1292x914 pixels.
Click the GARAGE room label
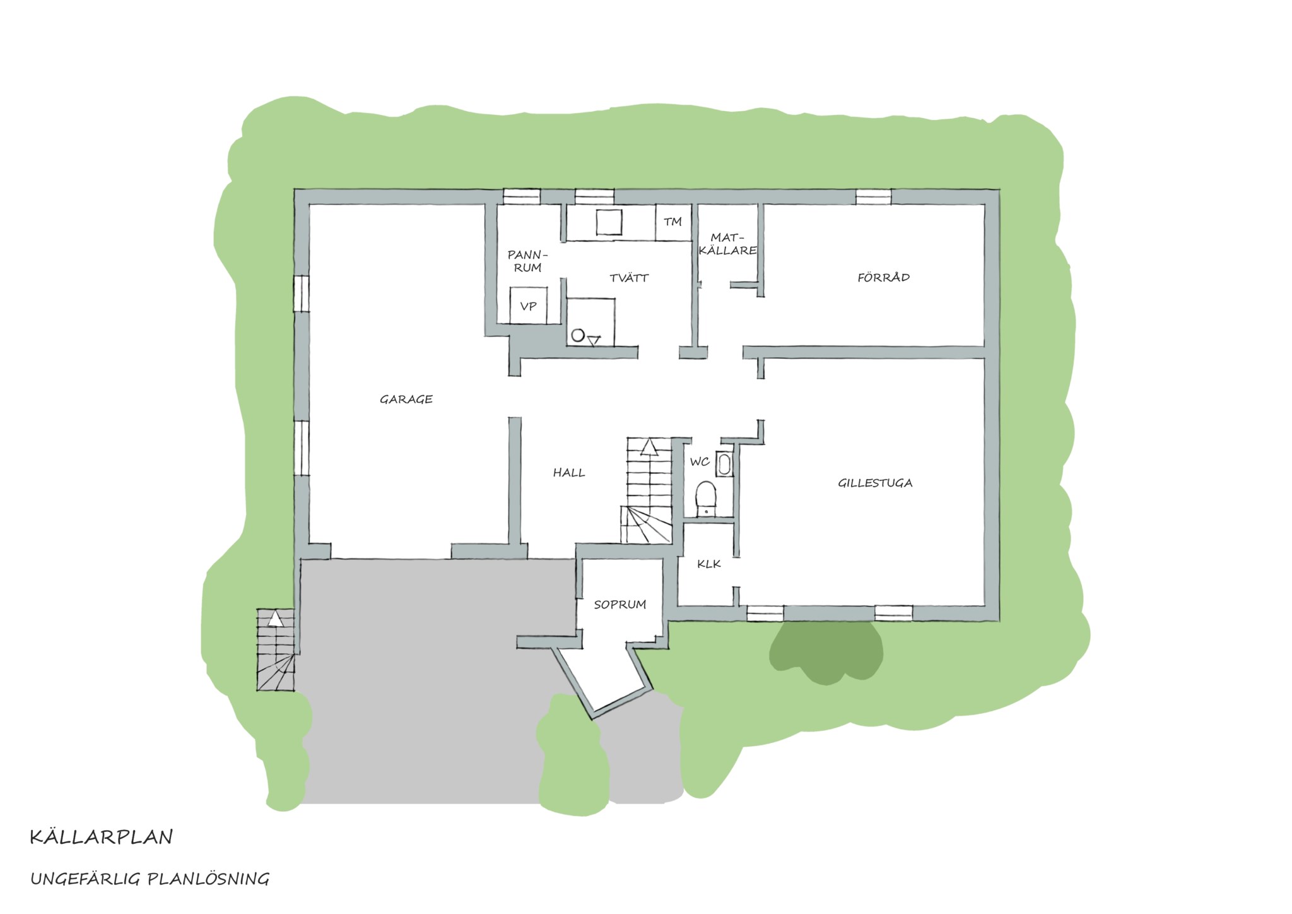point(406,399)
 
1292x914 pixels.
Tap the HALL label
point(569,472)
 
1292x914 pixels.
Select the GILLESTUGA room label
point(875,483)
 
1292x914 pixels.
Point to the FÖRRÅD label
point(883,277)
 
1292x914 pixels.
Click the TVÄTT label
point(629,278)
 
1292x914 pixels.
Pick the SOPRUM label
point(620,605)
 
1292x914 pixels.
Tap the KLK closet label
point(709,564)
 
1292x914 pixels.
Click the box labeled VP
point(529,306)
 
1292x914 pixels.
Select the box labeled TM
point(673,222)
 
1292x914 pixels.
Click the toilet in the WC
point(705,499)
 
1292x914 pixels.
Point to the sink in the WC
point(725,465)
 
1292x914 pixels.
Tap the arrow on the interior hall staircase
point(649,448)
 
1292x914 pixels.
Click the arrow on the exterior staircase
point(275,619)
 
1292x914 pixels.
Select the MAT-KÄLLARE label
point(728,244)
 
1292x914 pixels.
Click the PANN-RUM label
point(528,261)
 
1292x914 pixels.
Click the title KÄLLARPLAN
point(102,837)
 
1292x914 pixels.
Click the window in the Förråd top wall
point(874,197)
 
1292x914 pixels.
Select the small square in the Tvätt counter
point(609,222)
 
